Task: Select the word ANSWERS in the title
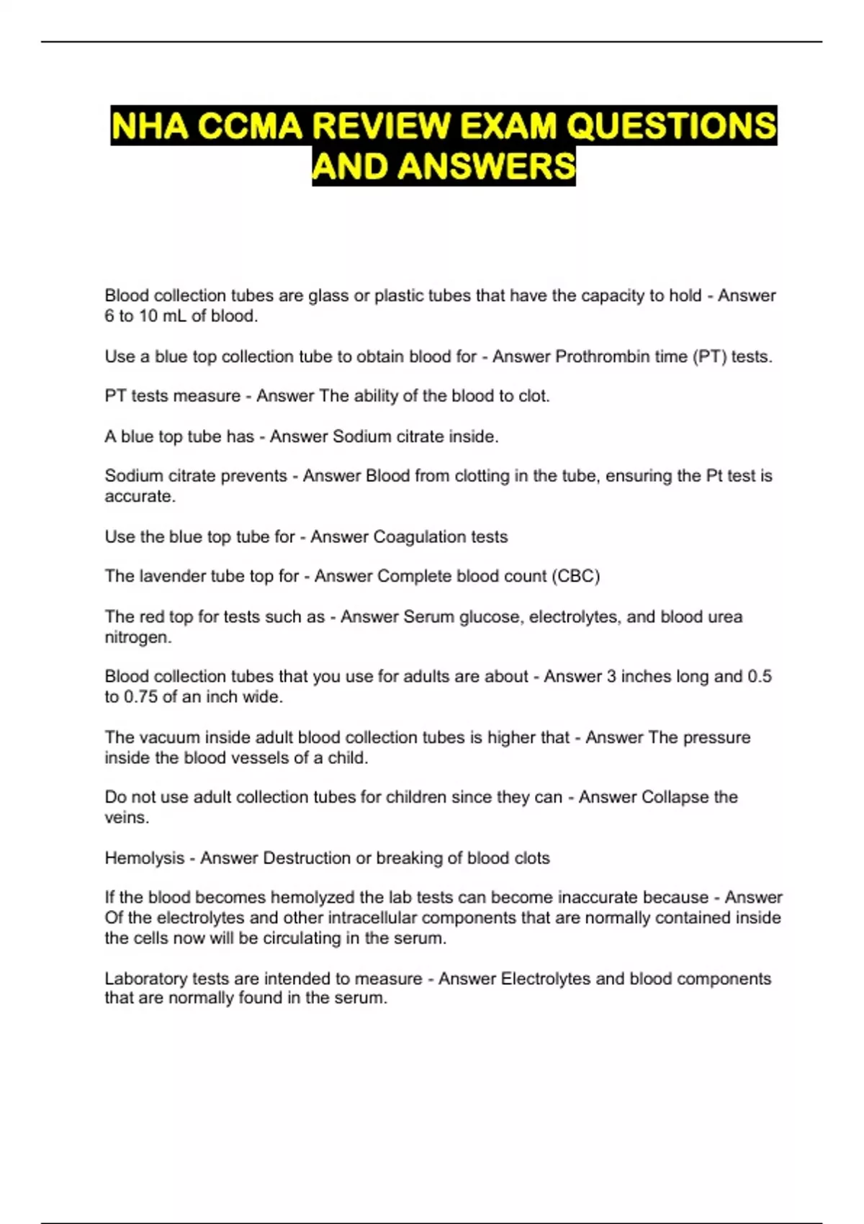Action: [x=486, y=167]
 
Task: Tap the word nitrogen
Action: [x=138, y=637]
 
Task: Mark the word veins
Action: [x=126, y=818]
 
